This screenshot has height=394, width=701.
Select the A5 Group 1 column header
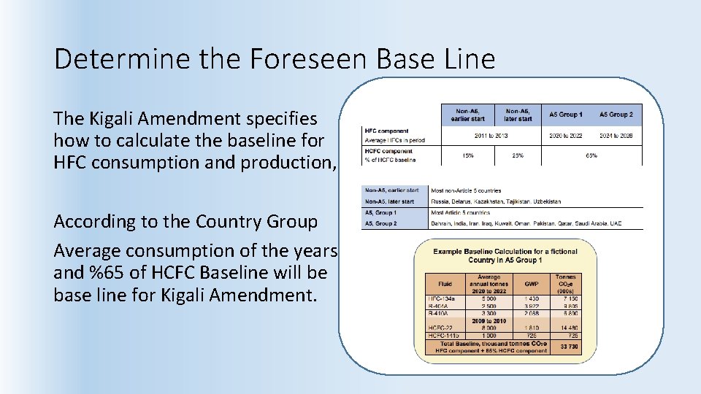pos(566,115)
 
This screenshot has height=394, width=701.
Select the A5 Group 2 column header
pos(616,115)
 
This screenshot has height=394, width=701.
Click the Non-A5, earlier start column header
pos(467,115)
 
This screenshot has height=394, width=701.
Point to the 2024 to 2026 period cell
pos(616,136)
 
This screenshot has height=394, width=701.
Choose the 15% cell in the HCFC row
pos(467,155)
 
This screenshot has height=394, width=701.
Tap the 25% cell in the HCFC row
pos(518,155)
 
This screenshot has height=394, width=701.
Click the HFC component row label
pos(386,131)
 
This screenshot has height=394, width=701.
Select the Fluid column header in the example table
pos(445,284)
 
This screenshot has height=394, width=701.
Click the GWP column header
pos(532,284)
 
